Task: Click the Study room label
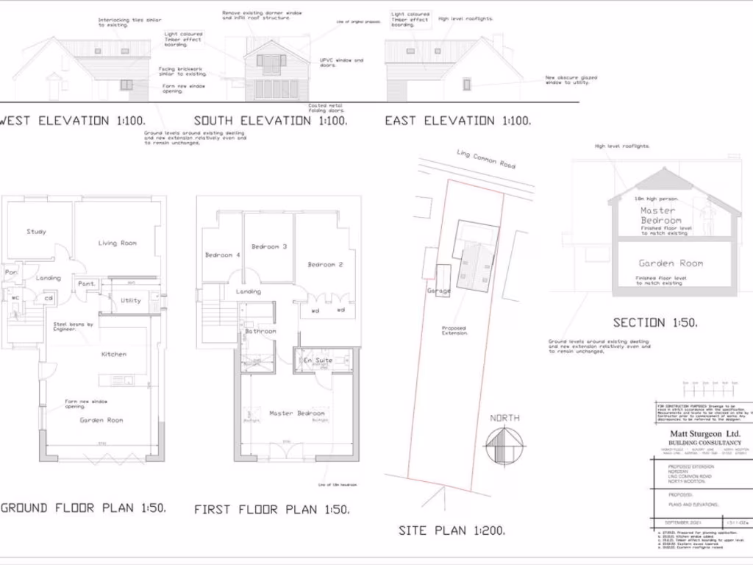pyautogui.click(x=36, y=232)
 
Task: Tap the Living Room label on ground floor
pyautogui.click(x=118, y=243)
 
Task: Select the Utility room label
pyautogui.click(x=131, y=300)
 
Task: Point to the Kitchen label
pyautogui.click(x=114, y=354)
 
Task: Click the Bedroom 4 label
pyautogui.click(x=222, y=255)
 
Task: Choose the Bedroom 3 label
pyautogui.click(x=269, y=246)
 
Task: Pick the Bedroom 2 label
pyautogui.click(x=326, y=264)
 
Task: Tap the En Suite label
pyautogui.click(x=319, y=360)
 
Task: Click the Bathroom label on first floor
pyautogui.click(x=261, y=331)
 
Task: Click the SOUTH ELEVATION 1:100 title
pyautogui.click(x=270, y=121)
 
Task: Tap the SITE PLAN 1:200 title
pyautogui.click(x=452, y=530)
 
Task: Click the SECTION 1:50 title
pyautogui.click(x=655, y=322)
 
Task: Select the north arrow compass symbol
pyautogui.click(x=504, y=445)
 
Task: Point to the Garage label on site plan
pyautogui.click(x=438, y=291)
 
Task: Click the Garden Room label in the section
pyautogui.click(x=671, y=263)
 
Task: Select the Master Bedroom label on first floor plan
pyautogui.click(x=296, y=413)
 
